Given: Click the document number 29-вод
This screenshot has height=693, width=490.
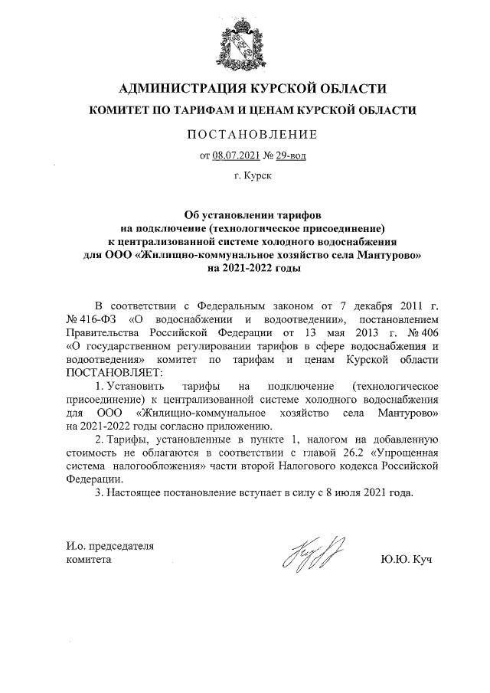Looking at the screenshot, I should tap(293, 157).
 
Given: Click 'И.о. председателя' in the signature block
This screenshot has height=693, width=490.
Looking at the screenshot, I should tap(110, 546).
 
